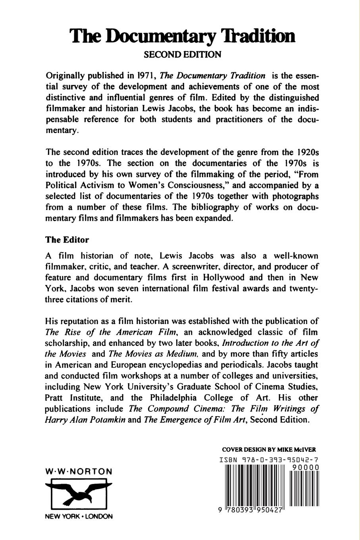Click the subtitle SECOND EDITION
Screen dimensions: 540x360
point(182,54)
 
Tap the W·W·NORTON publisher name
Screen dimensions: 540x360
point(79,472)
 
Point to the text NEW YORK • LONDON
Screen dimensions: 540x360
point(79,517)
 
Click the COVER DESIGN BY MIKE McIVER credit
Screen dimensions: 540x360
point(269,450)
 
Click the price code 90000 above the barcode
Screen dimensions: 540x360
point(305,468)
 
